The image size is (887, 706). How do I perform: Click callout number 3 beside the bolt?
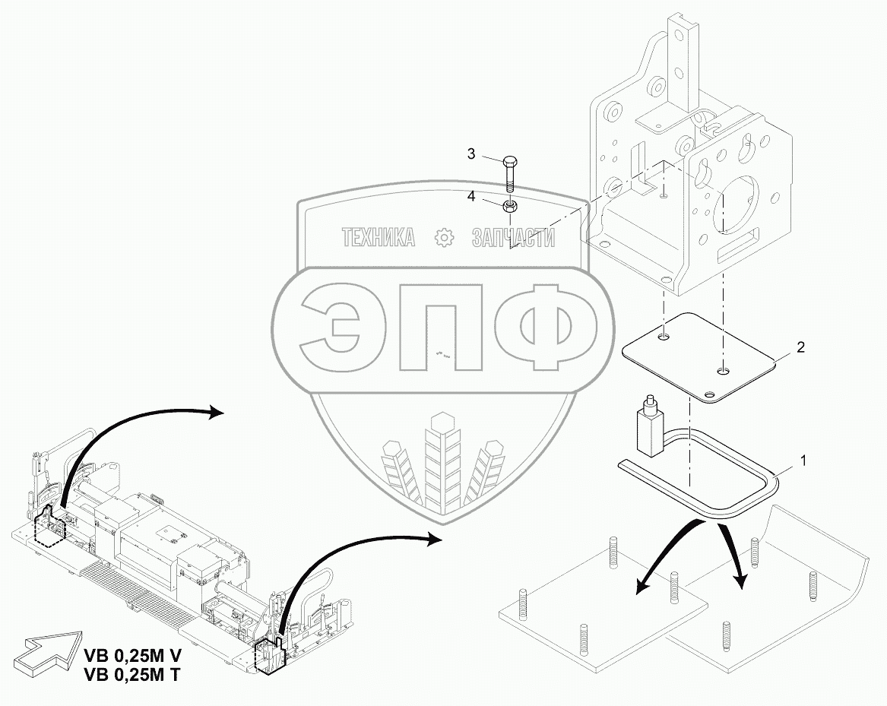[x=470, y=154]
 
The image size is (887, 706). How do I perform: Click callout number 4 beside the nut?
[x=470, y=196]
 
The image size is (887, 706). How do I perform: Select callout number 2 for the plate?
[x=800, y=347]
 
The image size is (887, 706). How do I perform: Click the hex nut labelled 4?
[x=510, y=204]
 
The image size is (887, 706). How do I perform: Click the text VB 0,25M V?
[x=134, y=655]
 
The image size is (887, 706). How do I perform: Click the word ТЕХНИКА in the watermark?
[x=379, y=238]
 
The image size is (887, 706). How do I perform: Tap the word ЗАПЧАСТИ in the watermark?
[x=513, y=238]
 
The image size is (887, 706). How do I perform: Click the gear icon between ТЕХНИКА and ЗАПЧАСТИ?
[x=442, y=238]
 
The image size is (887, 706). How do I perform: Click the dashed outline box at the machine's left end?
[x=51, y=527]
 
